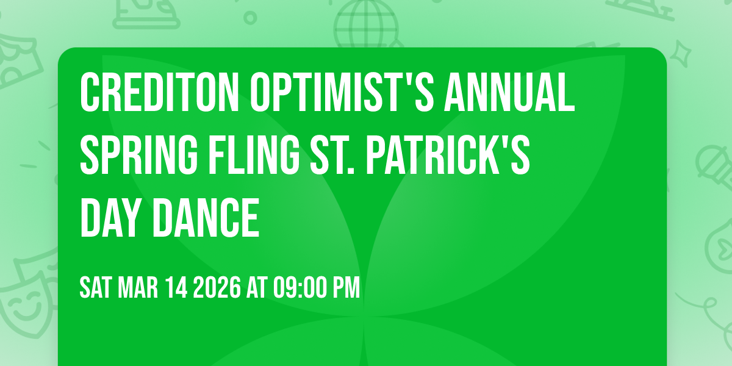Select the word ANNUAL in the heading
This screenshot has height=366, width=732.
(x=510, y=91)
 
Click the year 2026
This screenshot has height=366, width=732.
(x=217, y=287)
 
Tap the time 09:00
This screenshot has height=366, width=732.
(x=295, y=287)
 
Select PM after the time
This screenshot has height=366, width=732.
(x=346, y=287)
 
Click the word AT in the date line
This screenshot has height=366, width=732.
(x=256, y=287)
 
